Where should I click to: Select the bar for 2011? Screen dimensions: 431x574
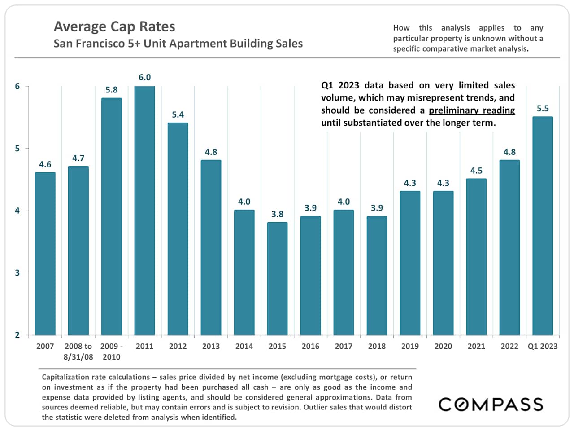click(x=144, y=211)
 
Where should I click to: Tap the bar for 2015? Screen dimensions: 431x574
click(x=277, y=278)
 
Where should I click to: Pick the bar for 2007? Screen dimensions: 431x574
click(x=45, y=254)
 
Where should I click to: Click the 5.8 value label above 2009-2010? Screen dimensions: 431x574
click(x=112, y=90)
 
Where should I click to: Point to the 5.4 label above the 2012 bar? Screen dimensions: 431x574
click(x=178, y=114)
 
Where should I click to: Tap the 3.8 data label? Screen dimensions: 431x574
click(x=277, y=214)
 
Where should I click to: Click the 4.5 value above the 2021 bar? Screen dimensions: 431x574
click(x=476, y=171)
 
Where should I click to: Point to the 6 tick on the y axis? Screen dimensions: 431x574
click(x=17, y=86)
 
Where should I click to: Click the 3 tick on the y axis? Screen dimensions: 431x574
click(x=17, y=273)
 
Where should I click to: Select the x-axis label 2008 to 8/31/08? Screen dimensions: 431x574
click(x=78, y=352)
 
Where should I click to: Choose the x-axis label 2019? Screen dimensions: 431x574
click(x=410, y=346)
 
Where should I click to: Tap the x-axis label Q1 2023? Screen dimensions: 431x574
click(x=543, y=346)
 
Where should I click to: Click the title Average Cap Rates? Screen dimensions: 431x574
click(x=114, y=26)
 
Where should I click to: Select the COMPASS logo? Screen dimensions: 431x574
click(x=491, y=404)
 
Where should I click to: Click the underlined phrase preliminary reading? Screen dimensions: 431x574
click(x=472, y=110)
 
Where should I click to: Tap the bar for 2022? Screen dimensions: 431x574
click(x=509, y=247)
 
